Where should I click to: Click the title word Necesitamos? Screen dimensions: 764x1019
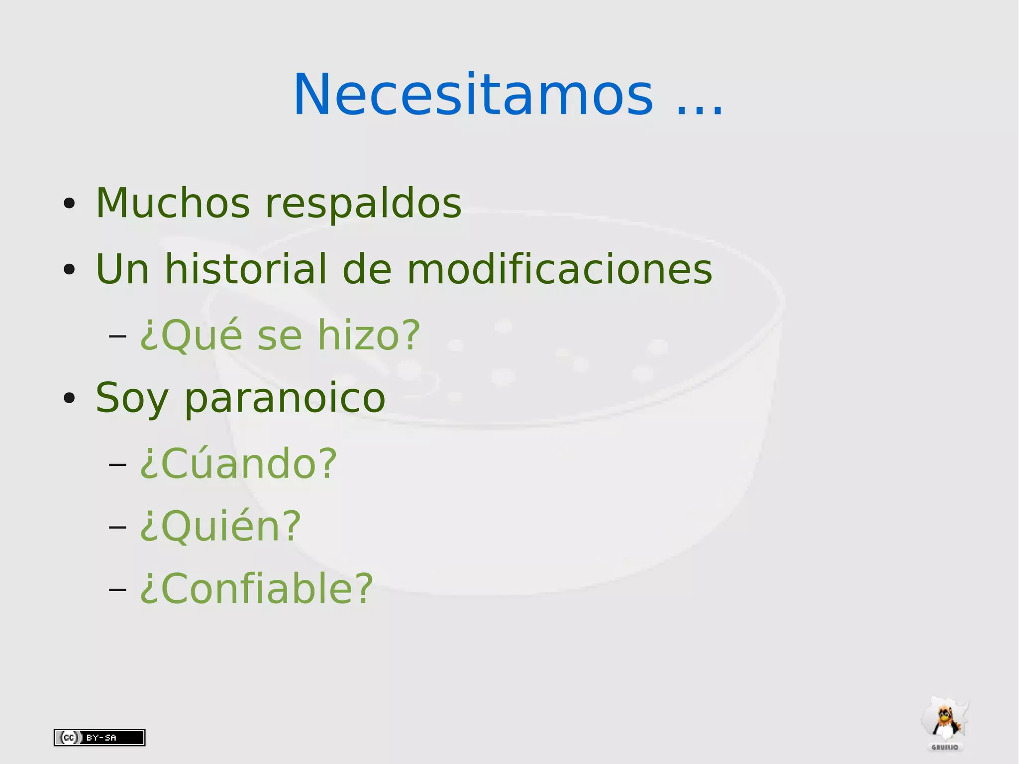473,95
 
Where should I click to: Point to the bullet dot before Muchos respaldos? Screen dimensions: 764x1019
69,204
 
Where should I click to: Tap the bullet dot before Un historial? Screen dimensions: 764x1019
69,269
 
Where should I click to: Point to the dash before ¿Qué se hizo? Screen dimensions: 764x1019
117,336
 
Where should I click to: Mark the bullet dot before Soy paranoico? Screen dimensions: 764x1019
69,398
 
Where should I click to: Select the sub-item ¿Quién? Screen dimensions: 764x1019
220,526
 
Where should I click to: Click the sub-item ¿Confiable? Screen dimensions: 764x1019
256,588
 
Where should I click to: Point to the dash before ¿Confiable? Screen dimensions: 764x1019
117,589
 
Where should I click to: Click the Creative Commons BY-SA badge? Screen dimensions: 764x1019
100,737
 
